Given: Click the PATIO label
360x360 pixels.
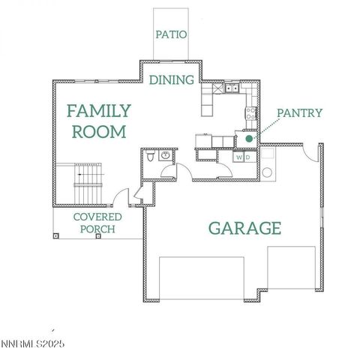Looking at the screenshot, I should click(x=171, y=34).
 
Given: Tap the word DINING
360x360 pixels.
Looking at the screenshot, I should click(x=172, y=79).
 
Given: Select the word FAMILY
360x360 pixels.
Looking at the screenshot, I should click(x=99, y=112).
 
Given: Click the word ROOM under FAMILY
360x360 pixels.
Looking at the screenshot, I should click(x=97, y=132).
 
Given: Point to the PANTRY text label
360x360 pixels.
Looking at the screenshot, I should click(x=299, y=113).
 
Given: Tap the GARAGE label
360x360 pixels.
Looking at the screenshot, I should click(x=244, y=228).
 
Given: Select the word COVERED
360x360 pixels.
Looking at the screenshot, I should click(x=97, y=217).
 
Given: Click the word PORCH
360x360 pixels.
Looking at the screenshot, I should click(x=97, y=229).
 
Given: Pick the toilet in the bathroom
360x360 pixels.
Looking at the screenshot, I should click(x=151, y=157).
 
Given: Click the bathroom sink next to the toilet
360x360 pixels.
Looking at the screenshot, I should click(x=166, y=155).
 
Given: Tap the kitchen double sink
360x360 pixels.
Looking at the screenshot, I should click(x=230, y=89).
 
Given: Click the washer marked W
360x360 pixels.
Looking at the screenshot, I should click(x=239, y=157).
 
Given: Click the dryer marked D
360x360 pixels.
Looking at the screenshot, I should click(x=247, y=157).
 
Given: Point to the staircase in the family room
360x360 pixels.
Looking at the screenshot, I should click(x=88, y=182).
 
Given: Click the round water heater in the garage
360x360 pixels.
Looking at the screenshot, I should click(x=267, y=172).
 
